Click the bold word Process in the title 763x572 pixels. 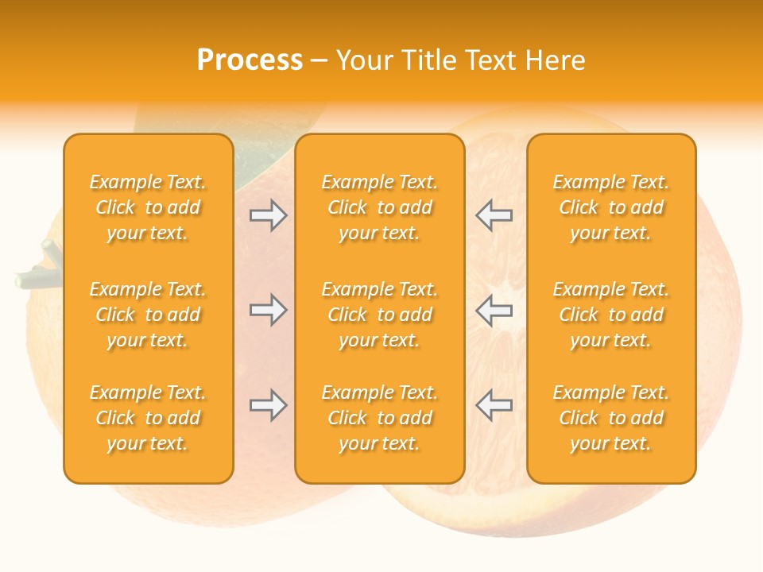tap(250, 60)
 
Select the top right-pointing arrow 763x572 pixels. tap(268, 215)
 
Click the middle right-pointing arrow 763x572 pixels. tap(268, 310)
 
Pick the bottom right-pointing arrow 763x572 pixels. tap(268, 405)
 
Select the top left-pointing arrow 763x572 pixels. tap(494, 215)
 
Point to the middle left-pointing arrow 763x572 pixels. tap(494, 310)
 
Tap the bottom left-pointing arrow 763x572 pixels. tap(494, 405)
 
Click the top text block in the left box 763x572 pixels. tap(148, 207)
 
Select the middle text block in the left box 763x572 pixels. tap(148, 315)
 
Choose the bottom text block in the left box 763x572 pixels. tap(148, 418)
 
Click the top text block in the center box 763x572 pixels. tap(379, 207)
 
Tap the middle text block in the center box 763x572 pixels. tap(379, 315)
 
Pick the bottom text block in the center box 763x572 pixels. tap(379, 418)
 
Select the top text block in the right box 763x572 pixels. tap(610, 207)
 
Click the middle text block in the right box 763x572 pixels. tap(610, 315)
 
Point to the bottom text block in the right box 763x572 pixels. tap(610, 418)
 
